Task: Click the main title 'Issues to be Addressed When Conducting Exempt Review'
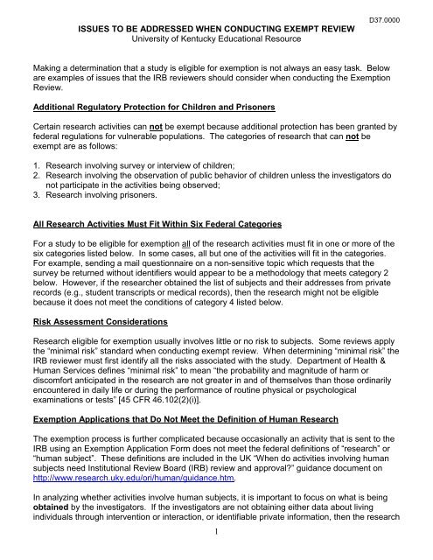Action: coord(215,26)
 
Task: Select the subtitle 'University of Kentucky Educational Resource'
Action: coord(215,38)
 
